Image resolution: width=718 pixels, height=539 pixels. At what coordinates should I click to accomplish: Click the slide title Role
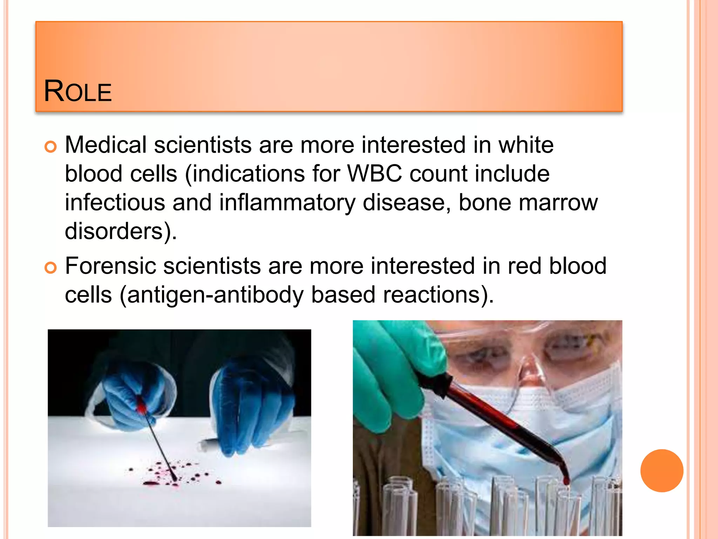click(x=77, y=92)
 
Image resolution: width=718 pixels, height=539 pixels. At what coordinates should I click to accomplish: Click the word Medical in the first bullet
click(x=106, y=145)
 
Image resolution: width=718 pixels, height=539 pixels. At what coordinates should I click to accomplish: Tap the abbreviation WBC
click(x=374, y=174)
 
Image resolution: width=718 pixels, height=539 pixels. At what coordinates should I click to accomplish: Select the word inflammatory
click(x=287, y=202)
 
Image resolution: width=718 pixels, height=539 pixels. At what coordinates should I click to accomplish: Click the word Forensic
click(x=110, y=266)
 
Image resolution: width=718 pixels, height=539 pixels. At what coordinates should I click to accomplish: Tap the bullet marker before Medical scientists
click(x=50, y=147)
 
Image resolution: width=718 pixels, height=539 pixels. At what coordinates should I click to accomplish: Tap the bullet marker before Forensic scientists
click(x=50, y=268)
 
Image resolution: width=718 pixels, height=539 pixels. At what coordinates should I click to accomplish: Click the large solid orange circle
click(x=662, y=471)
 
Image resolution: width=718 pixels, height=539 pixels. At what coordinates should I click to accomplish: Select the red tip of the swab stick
click(x=141, y=407)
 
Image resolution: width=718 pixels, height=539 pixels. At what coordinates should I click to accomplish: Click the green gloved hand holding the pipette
click(x=389, y=372)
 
